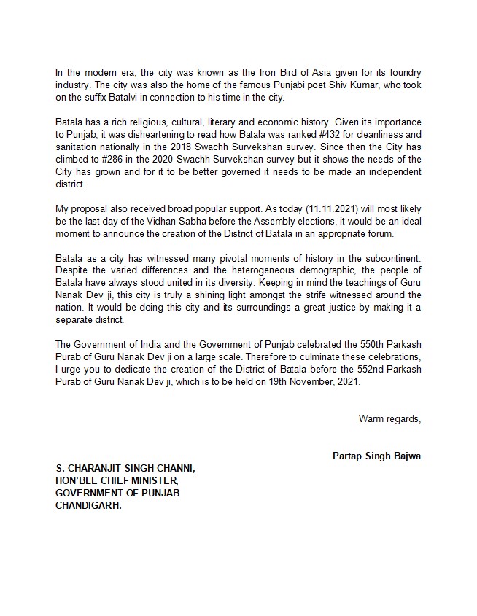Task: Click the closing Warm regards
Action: click(389, 418)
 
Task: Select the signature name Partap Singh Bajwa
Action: click(376, 457)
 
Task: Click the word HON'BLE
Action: click(77, 480)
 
